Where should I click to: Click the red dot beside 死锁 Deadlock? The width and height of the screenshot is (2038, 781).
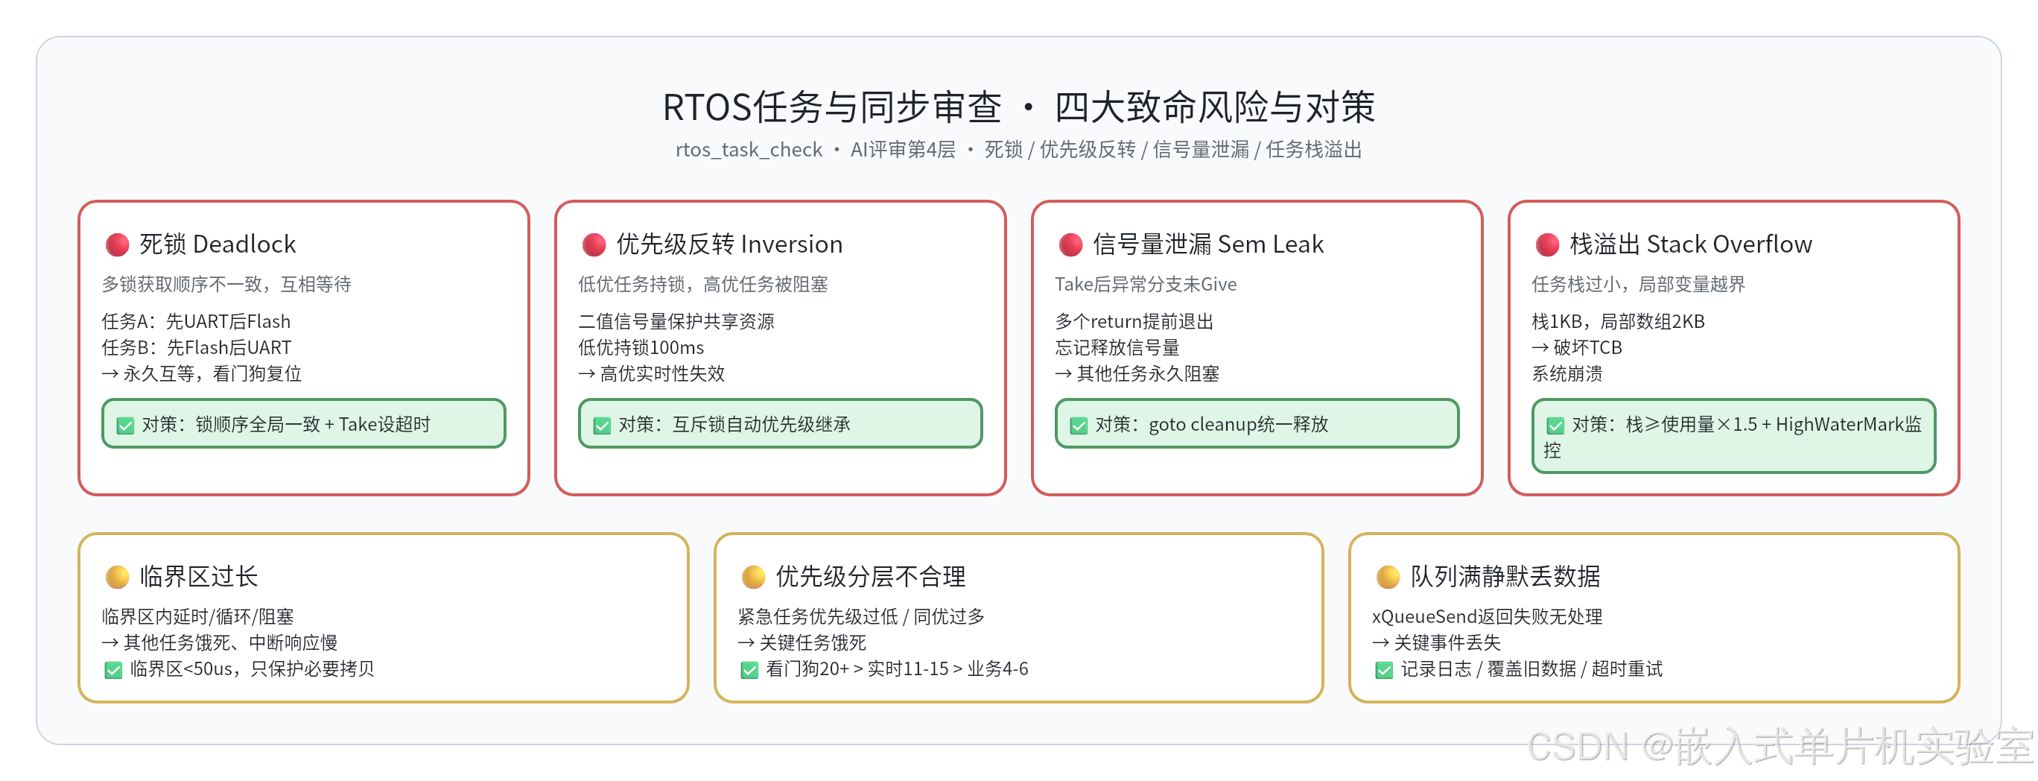coord(117,244)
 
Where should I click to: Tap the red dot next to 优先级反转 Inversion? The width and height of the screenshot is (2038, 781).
coord(594,244)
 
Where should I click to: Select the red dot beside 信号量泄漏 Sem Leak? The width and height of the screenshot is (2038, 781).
coord(1070,244)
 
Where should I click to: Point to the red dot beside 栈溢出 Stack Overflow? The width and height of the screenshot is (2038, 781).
coord(1547,244)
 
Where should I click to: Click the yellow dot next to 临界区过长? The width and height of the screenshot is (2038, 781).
coord(117,577)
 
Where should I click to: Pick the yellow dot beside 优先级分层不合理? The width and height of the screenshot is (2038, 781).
coord(753,577)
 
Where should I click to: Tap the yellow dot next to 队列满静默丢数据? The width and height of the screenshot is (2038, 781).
coord(1388,577)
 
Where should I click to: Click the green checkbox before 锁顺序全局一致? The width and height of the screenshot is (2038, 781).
coord(125,426)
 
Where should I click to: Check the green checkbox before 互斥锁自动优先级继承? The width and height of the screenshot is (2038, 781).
coord(602,426)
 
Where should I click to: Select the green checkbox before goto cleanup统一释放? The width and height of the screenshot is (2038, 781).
coord(1079,426)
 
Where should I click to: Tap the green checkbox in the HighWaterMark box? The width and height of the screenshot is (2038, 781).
coord(1555,426)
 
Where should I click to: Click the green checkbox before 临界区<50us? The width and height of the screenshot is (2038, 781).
coord(113,670)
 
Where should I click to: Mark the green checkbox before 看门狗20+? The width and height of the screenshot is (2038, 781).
coord(749,670)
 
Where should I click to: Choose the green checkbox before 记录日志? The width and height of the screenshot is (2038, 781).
coord(1385,670)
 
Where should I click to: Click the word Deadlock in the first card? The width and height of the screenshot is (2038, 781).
coord(244,244)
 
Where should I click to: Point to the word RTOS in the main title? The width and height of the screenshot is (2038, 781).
coord(708,107)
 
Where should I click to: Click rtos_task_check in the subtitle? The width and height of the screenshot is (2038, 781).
coord(749,150)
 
